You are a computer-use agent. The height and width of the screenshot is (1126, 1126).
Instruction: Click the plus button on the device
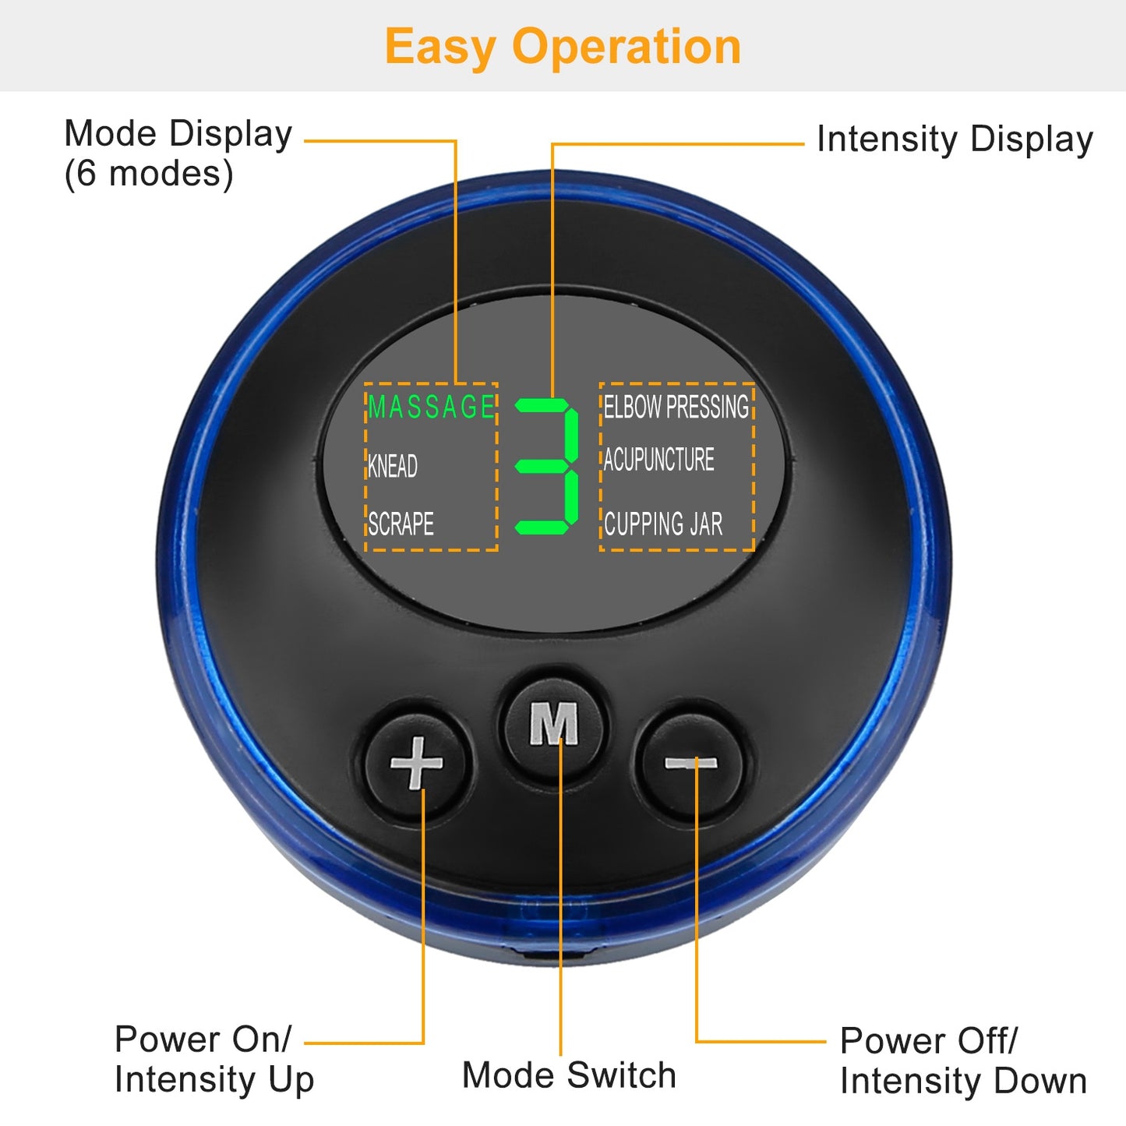point(417,762)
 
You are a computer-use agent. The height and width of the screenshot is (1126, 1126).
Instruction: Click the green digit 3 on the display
point(549,466)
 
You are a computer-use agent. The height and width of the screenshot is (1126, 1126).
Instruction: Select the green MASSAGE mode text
point(431,407)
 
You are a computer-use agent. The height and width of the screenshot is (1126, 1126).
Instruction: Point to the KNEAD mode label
point(393,466)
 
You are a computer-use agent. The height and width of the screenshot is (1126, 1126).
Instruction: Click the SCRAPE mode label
point(401,524)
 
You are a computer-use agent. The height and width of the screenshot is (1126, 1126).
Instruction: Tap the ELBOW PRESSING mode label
point(676,407)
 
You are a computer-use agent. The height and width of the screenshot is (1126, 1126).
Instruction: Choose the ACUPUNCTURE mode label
point(658,460)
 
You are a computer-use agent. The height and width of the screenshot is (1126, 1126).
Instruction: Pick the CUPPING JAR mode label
point(663,524)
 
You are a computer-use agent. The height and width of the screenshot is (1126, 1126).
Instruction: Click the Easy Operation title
point(563,47)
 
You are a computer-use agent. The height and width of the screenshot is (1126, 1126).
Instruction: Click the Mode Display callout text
point(178,134)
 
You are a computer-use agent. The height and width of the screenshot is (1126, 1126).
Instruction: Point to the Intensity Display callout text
point(955,139)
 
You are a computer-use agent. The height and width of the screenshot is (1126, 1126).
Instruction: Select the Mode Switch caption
point(569,1075)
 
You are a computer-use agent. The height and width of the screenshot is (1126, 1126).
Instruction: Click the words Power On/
point(203,1039)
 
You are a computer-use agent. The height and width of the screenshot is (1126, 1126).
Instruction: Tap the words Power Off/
point(928,1041)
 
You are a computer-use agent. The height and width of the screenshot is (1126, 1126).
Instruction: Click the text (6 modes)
point(148,173)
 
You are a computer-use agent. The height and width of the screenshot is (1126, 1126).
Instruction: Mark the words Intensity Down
point(963,1081)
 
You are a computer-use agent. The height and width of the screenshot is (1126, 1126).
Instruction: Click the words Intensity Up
point(214,1080)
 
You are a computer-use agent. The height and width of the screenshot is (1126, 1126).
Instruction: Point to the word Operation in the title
point(627,47)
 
